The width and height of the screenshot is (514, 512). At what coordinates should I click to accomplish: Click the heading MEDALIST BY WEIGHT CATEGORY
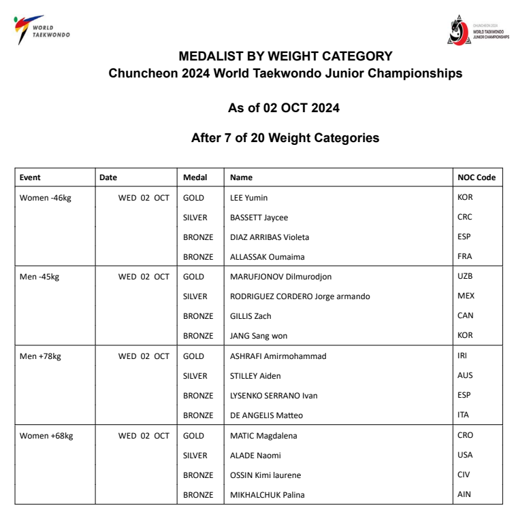(x=285, y=56)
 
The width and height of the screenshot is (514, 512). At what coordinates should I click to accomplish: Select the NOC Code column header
(x=477, y=177)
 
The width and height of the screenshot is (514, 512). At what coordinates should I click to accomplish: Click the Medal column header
(x=195, y=177)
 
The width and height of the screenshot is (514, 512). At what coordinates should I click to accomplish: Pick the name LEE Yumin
(x=248, y=198)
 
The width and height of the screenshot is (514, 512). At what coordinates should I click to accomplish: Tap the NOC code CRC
(x=465, y=218)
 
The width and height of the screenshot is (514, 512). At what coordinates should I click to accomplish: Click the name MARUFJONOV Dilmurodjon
(x=281, y=277)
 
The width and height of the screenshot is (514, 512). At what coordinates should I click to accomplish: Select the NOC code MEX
(x=466, y=296)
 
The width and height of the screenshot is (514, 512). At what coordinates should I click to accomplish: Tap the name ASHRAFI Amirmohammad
(x=278, y=356)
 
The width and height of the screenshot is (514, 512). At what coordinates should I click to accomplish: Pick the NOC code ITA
(x=464, y=415)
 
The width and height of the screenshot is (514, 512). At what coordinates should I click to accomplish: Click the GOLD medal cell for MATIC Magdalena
(x=194, y=436)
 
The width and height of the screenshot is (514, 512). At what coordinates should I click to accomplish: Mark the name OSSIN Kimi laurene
(x=266, y=475)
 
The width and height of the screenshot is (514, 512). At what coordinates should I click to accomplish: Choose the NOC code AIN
(x=464, y=495)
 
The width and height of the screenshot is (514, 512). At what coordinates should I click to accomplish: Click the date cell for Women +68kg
(x=144, y=436)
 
